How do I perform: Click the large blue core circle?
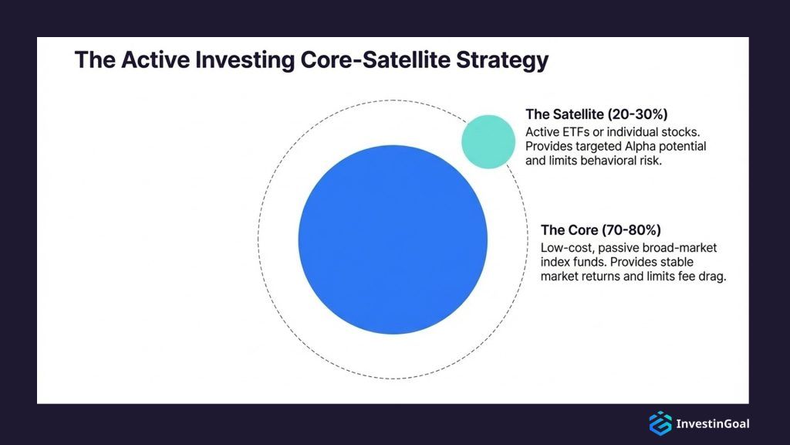point(393,239)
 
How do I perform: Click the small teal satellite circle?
point(488,141)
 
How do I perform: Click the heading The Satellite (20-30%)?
point(596,113)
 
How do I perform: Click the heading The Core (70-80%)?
point(601,230)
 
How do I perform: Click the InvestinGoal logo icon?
point(660,423)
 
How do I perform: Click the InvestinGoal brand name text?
point(712,423)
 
